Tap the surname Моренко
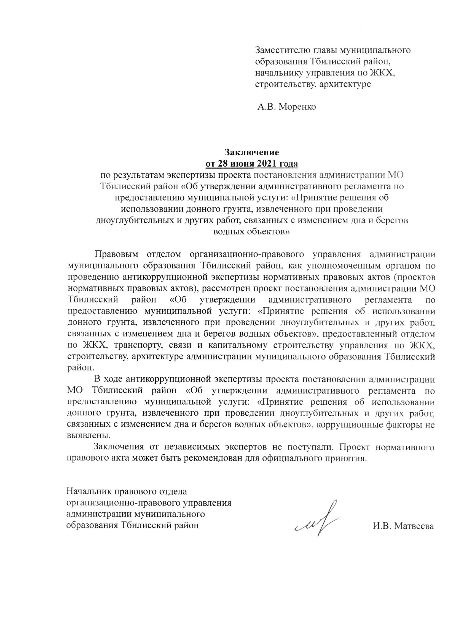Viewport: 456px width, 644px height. coord(297,107)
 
